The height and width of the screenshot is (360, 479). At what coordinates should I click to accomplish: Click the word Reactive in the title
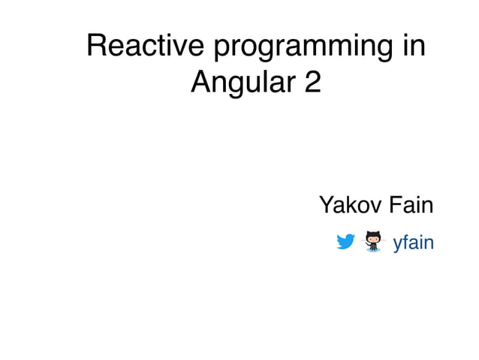(145, 47)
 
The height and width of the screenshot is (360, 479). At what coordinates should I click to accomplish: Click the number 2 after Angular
(311, 81)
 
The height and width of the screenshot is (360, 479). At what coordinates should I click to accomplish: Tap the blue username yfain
(413, 243)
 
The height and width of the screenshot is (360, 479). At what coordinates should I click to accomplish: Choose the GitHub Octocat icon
(372, 241)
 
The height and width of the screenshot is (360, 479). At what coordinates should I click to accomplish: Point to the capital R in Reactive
(97, 47)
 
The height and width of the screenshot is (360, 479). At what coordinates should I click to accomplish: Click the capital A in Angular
(201, 81)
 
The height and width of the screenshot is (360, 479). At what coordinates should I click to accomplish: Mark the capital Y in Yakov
(327, 204)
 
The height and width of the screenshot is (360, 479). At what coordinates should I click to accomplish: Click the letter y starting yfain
(398, 244)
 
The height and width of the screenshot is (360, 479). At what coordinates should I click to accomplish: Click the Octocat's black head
(372, 237)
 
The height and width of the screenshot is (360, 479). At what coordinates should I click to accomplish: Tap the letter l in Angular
(267, 81)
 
